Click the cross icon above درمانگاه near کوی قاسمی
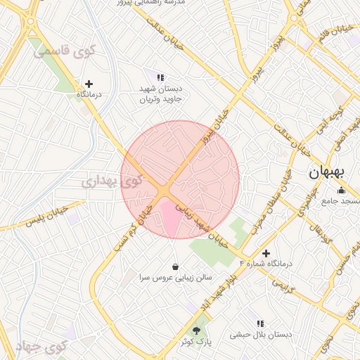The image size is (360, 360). pyautogui.click(x=89, y=84)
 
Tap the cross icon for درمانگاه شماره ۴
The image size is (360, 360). pyautogui.click(x=266, y=252)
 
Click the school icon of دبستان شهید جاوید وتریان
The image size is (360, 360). pyautogui.click(x=160, y=77)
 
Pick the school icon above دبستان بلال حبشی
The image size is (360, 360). pyautogui.click(x=259, y=323)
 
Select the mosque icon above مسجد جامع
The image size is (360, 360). pyautogui.click(x=342, y=190)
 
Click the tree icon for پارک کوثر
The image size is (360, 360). pyautogui.click(x=196, y=330)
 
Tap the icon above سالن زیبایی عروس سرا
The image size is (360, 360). pyautogui.click(x=175, y=266)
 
